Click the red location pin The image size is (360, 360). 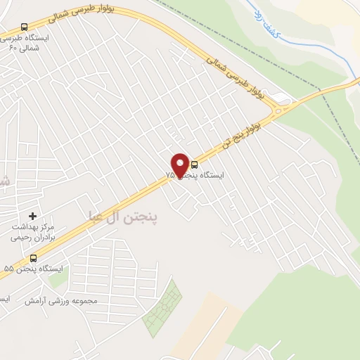(180, 165)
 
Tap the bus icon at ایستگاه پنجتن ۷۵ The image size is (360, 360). (195, 165)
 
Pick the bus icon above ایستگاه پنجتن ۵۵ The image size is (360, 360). (33, 258)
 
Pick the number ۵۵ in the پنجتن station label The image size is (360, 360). (8, 269)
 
